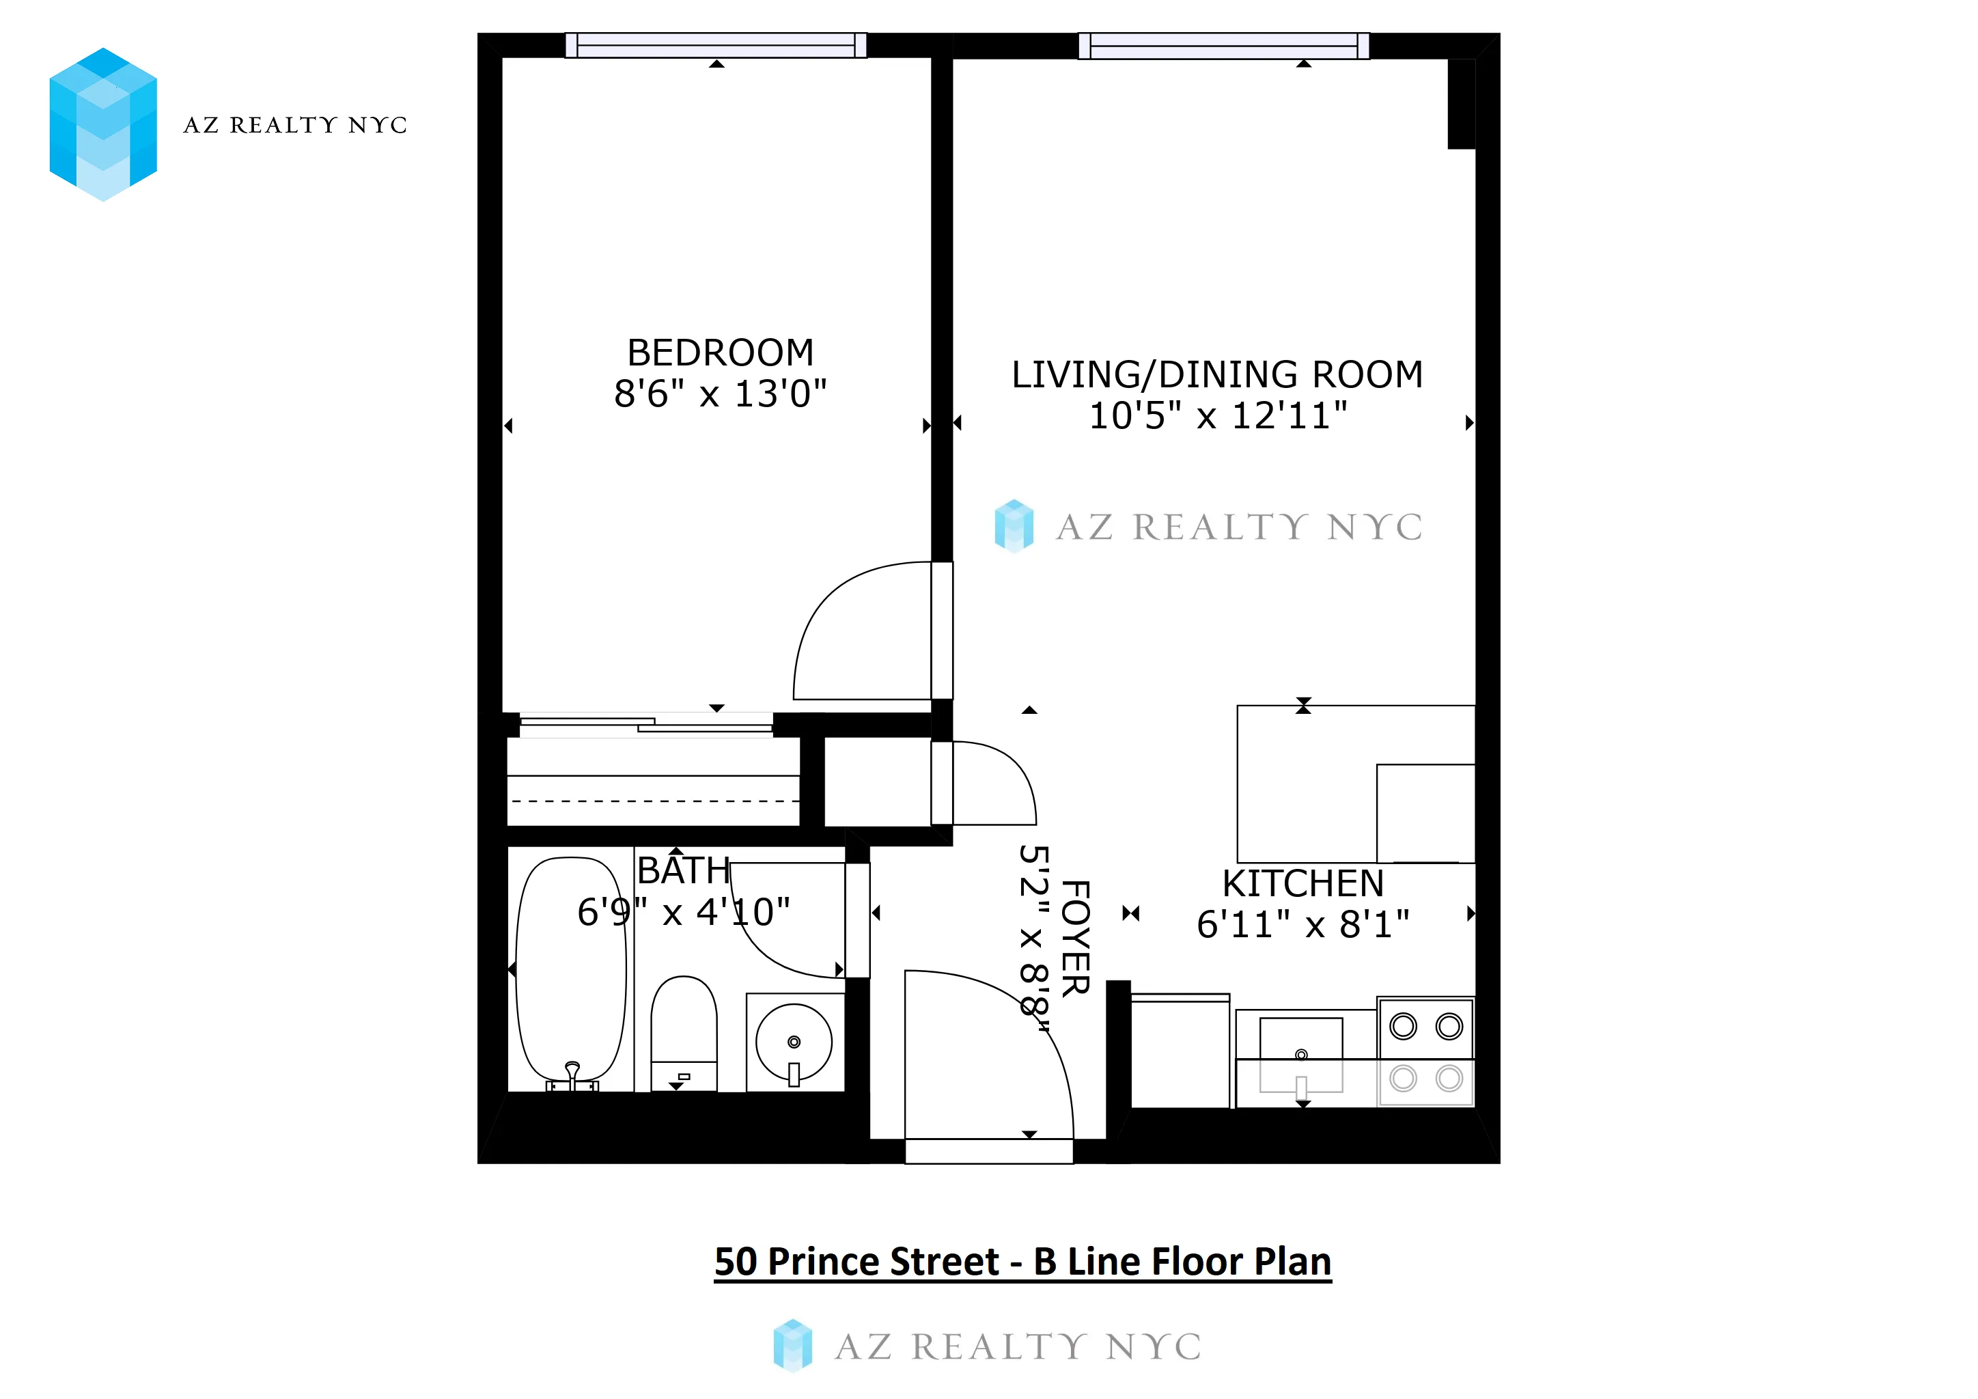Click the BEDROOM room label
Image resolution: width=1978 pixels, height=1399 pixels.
pos(720,352)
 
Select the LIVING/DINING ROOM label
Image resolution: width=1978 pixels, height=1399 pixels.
pos(1216,375)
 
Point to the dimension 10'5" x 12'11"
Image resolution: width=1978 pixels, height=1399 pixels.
pos(1217,416)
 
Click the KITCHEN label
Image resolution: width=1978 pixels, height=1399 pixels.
pos(1303,884)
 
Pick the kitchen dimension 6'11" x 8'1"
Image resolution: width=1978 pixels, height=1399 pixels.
pos(1303,925)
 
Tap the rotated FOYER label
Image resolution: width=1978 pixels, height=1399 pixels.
pos(1075,938)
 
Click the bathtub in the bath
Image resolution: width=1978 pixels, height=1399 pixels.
pos(570,969)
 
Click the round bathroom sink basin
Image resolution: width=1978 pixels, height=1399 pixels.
pos(794,1042)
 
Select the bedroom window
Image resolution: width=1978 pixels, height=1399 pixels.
pos(715,45)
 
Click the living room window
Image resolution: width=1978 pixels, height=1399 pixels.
pos(1223,45)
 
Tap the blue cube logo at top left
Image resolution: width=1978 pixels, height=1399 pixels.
pos(103,125)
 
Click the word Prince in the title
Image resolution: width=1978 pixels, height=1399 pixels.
pos(882,1262)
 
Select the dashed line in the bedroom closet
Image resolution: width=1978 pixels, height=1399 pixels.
pos(655,801)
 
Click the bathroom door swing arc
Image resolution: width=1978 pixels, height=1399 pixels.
pos(758,947)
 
